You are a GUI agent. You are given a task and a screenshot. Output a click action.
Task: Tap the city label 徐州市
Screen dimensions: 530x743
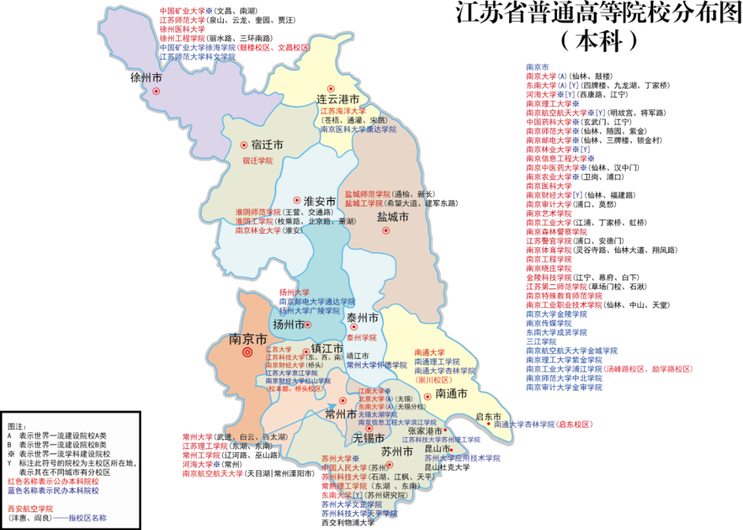[146, 78]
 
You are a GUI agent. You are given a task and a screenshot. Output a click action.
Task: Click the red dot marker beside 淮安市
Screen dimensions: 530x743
[297, 200]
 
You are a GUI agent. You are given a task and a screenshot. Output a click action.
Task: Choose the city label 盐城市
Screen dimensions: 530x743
[393, 217]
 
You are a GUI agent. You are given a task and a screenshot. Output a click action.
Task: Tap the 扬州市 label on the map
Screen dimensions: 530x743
[288, 324]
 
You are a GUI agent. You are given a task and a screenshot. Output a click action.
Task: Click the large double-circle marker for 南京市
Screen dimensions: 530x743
[248, 353]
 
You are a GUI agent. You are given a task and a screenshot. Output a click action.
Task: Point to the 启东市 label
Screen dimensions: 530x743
[488, 416]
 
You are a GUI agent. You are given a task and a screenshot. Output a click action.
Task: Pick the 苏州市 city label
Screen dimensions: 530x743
[396, 452]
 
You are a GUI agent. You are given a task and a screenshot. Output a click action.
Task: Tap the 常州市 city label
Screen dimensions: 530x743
[341, 414]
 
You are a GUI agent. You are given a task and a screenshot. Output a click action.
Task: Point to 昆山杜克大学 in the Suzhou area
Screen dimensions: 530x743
[447, 467]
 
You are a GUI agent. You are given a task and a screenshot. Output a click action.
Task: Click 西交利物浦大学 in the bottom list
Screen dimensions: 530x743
[348, 523]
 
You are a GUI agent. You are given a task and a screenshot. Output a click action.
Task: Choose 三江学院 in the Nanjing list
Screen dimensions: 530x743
[541, 341]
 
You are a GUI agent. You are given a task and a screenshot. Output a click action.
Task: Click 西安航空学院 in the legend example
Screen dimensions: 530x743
[30, 509]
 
